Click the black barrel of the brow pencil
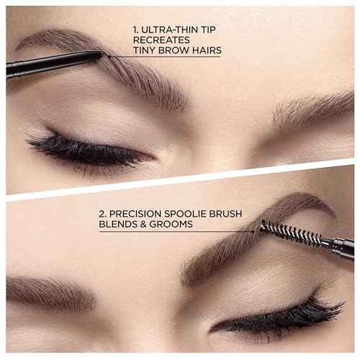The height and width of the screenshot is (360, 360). (43, 64)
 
